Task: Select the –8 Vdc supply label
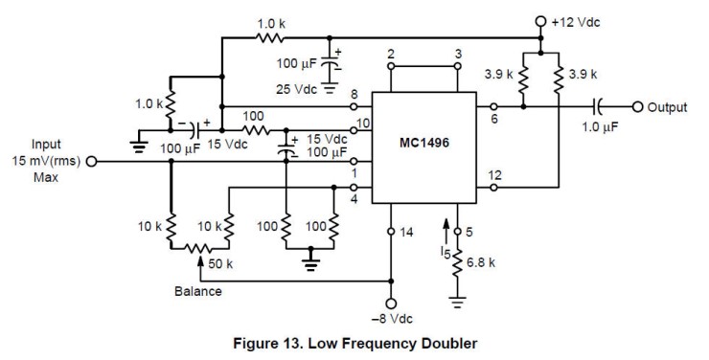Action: click(391, 321)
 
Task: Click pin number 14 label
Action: click(407, 232)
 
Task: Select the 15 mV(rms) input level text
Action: click(44, 162)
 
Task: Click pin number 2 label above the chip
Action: click(391, 55)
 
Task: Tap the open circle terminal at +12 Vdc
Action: click(540, 20)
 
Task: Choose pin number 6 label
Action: click(495, 119)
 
